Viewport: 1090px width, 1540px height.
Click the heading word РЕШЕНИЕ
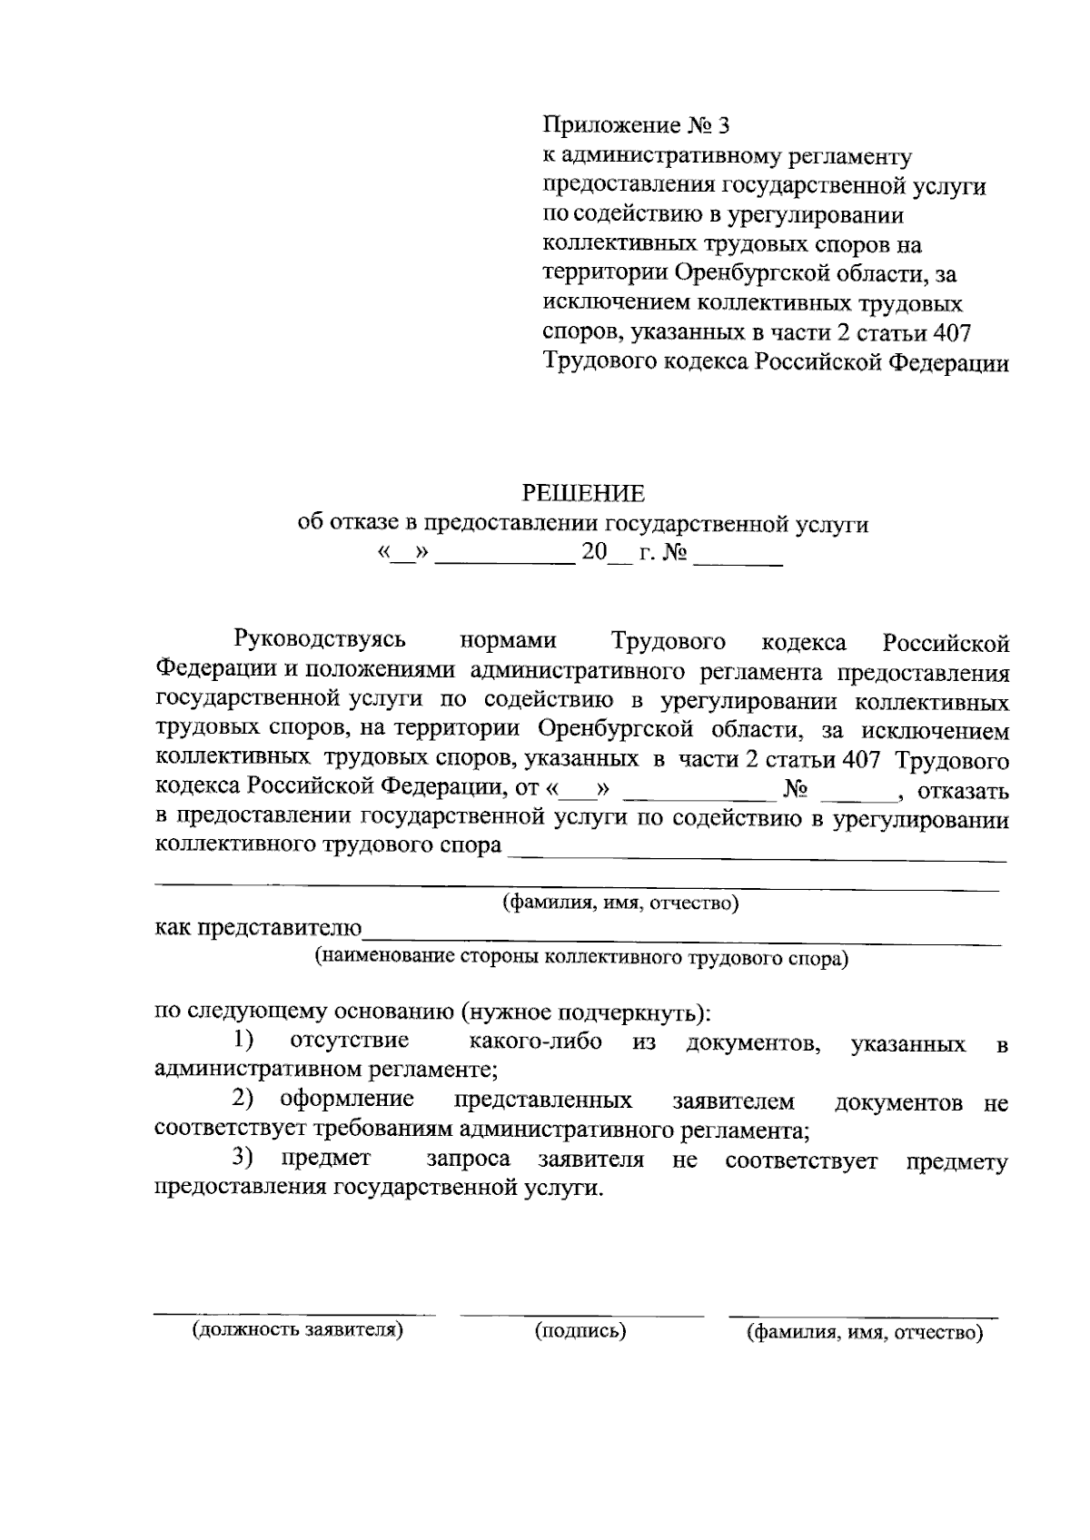click(582, 493)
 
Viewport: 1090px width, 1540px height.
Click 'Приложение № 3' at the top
click(636, 124)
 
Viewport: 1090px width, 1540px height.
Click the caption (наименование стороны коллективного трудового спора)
click(581, 957)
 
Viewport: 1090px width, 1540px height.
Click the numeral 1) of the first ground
click(243, 1039)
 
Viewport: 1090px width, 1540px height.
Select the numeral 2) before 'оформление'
click(243, 1100)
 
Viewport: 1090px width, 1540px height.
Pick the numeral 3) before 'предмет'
click(243, 1158)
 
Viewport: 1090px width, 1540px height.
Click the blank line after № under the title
click(738, 563)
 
